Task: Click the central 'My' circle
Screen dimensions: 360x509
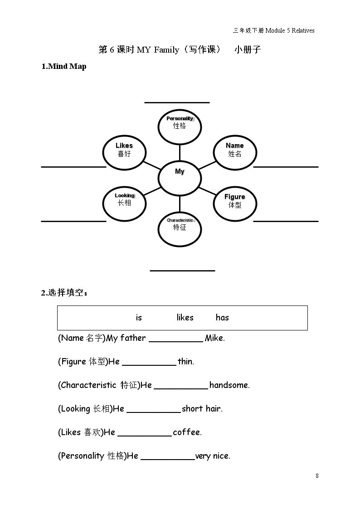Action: tap(180, 178)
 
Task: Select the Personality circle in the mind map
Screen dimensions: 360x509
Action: tap(180, 126)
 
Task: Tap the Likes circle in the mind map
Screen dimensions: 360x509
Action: tap(124, 152)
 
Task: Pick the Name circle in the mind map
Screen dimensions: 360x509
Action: tap(235, 152)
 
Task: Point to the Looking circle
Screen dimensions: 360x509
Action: tap(124, 204)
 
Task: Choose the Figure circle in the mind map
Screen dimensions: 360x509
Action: tap(235, 204)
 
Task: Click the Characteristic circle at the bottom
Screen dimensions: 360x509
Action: tap(180, 229)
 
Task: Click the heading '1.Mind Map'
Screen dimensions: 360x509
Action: tap(64, 66)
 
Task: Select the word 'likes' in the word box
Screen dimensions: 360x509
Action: tap(185, 317)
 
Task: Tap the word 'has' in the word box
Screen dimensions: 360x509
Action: tap(222, 317)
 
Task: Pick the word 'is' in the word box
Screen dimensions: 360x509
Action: tap(139, 317)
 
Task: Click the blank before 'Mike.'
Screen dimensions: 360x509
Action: tap(176, 341)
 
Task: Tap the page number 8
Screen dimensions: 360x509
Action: tap(317, 475)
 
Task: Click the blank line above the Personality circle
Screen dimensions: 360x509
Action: tap(177, 102)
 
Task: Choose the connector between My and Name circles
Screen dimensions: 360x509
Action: tap(207, 165)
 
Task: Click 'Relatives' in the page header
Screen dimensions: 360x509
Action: tap(303, 30)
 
